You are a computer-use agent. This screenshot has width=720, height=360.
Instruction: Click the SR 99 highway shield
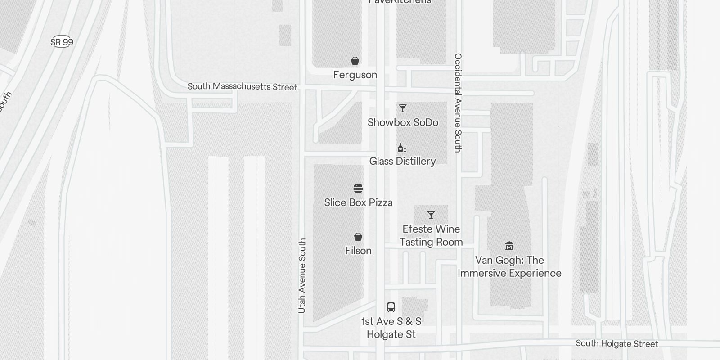[x=62, y=42]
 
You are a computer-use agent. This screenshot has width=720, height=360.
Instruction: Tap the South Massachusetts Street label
[x=242, y=86]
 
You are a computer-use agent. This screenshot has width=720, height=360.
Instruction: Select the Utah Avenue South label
[x=302, y=275]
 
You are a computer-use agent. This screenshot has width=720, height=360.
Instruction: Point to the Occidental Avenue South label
[x=458, y=103]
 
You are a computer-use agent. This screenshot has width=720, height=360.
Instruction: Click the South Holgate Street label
[x=616, y=343]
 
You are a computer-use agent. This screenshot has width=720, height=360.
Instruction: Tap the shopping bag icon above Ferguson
[x=355, y=61]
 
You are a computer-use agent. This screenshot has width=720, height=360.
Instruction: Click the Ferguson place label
[x=355, y=75]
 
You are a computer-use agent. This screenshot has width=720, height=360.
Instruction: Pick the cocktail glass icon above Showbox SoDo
[x=403, y=108]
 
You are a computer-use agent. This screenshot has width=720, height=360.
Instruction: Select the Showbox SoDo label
[x=403, y=122]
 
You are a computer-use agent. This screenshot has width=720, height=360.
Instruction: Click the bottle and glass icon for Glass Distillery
[x=402, y=148]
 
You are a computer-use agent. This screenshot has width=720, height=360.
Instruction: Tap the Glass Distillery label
[x=402, y=161]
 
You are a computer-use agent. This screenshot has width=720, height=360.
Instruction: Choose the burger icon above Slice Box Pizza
[x=358, y=189]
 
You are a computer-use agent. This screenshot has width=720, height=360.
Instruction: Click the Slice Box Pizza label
[x=358, y=202]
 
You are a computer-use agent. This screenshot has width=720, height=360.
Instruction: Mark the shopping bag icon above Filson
[x=358, y=237]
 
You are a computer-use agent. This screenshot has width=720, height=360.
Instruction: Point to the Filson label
[x=358, y=251]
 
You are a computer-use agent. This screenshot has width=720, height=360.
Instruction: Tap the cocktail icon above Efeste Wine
[x=431, y=215]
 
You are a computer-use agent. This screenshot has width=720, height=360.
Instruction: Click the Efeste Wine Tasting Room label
[x=431, y=235]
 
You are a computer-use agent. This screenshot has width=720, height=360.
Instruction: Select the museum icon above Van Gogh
[x=509, y=246]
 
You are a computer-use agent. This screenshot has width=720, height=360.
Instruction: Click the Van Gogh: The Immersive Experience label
[x=509, y=266]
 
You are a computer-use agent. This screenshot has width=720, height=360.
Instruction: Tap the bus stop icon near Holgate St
[x=391, y=307]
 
